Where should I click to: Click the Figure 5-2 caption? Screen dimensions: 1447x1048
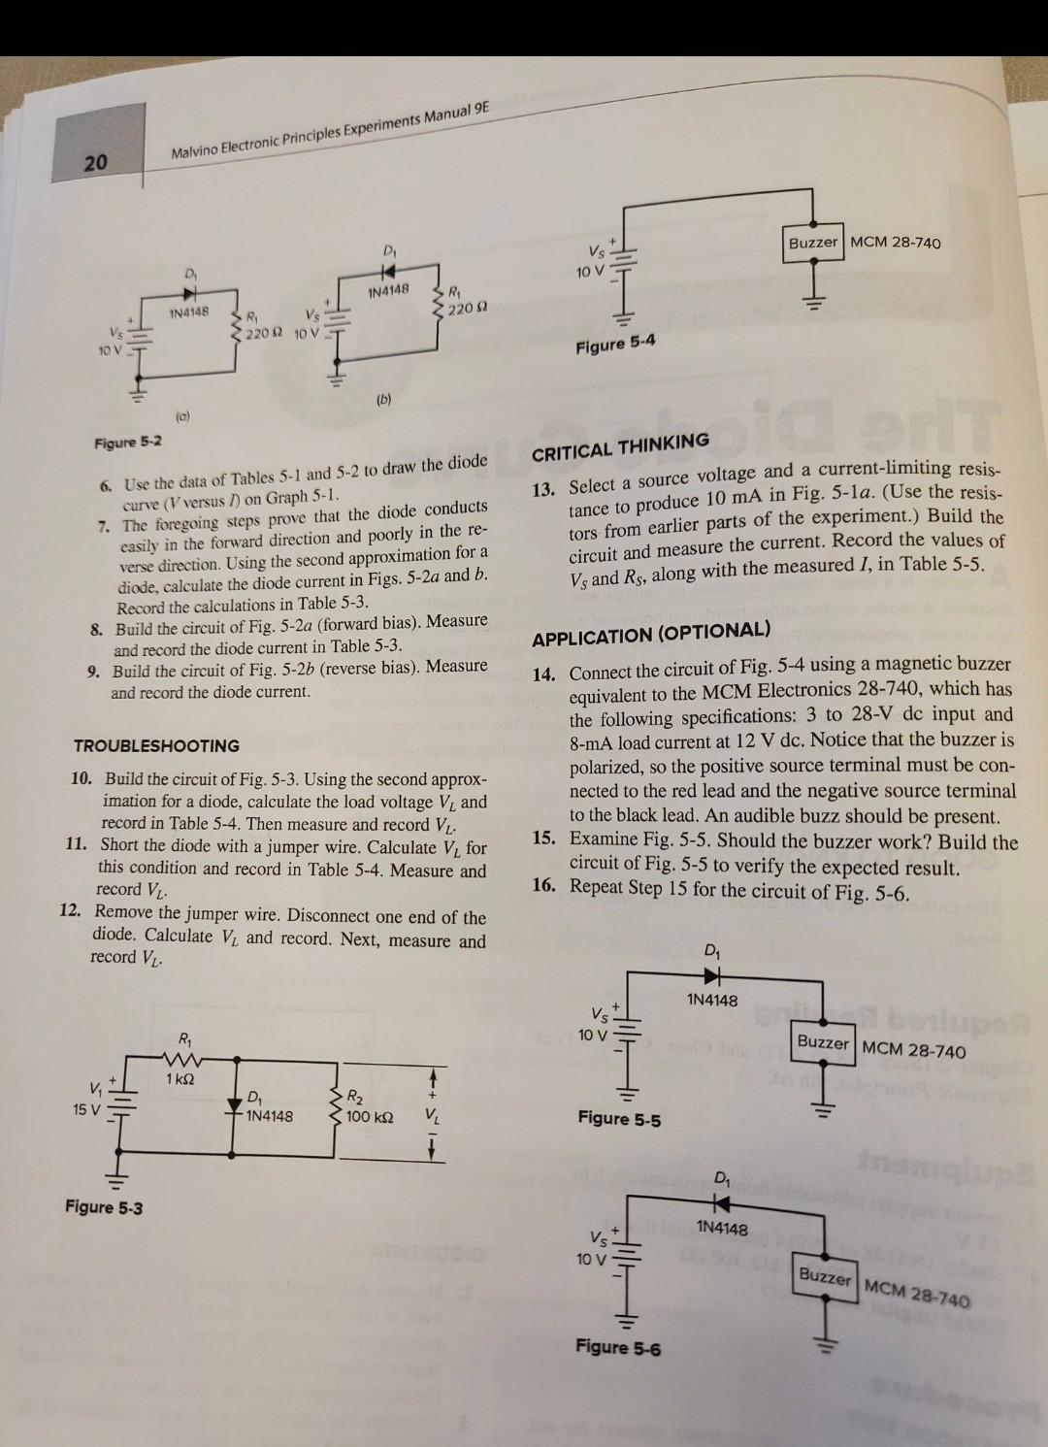[127, 443]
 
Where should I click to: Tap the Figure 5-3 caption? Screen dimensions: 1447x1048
[103, 1207]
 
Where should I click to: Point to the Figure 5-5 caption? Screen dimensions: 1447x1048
[618, 1118]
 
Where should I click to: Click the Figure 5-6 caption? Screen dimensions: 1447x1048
[617, 1347]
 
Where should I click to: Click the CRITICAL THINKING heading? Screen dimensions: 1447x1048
[621, 447]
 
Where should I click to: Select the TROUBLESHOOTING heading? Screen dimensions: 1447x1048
[156, 745]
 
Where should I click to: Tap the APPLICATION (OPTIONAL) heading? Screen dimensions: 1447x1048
[651, 634]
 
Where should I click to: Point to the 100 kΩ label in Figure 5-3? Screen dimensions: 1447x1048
[369, 1116]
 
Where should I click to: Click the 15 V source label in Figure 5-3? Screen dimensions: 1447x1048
[88, 1109]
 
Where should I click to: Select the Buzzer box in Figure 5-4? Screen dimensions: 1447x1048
[813, 242]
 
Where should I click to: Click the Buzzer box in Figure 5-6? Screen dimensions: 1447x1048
[825, 1277]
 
